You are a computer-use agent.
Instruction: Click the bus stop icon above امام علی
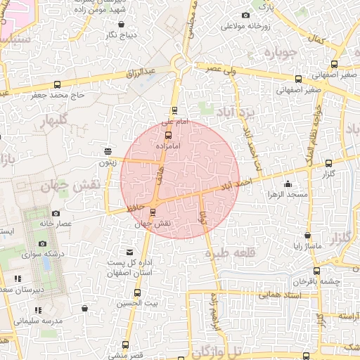coord(174,110)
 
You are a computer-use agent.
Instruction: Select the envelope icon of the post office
coord(129,252)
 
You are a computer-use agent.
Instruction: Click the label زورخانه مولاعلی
coord(246,27)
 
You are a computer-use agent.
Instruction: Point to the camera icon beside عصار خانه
coord(56,213)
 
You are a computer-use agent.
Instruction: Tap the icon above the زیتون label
coord(108,151)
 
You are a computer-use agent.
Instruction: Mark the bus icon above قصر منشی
coord(126,345)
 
